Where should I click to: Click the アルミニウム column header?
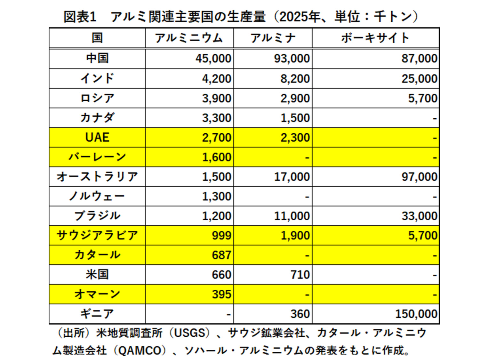pos(189,38)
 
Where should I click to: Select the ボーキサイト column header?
pos(375,38)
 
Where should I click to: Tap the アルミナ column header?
pos(273,38)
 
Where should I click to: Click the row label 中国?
pos(97,58)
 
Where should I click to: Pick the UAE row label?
pos(97,137)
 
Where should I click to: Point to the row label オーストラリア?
pos(97,177)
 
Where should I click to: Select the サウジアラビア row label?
pos(97,236)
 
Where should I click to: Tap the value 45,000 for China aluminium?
pos(213,59)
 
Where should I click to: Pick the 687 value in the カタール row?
pos(221,255)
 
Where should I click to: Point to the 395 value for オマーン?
pos(221,294)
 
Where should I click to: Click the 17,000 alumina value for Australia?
pos(292,177)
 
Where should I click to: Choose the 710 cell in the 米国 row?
pos(300,275)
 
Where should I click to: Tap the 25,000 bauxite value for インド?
pos(419,79)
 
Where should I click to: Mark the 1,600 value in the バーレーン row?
pos(217,158)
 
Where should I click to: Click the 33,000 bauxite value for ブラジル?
pos(419,216)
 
